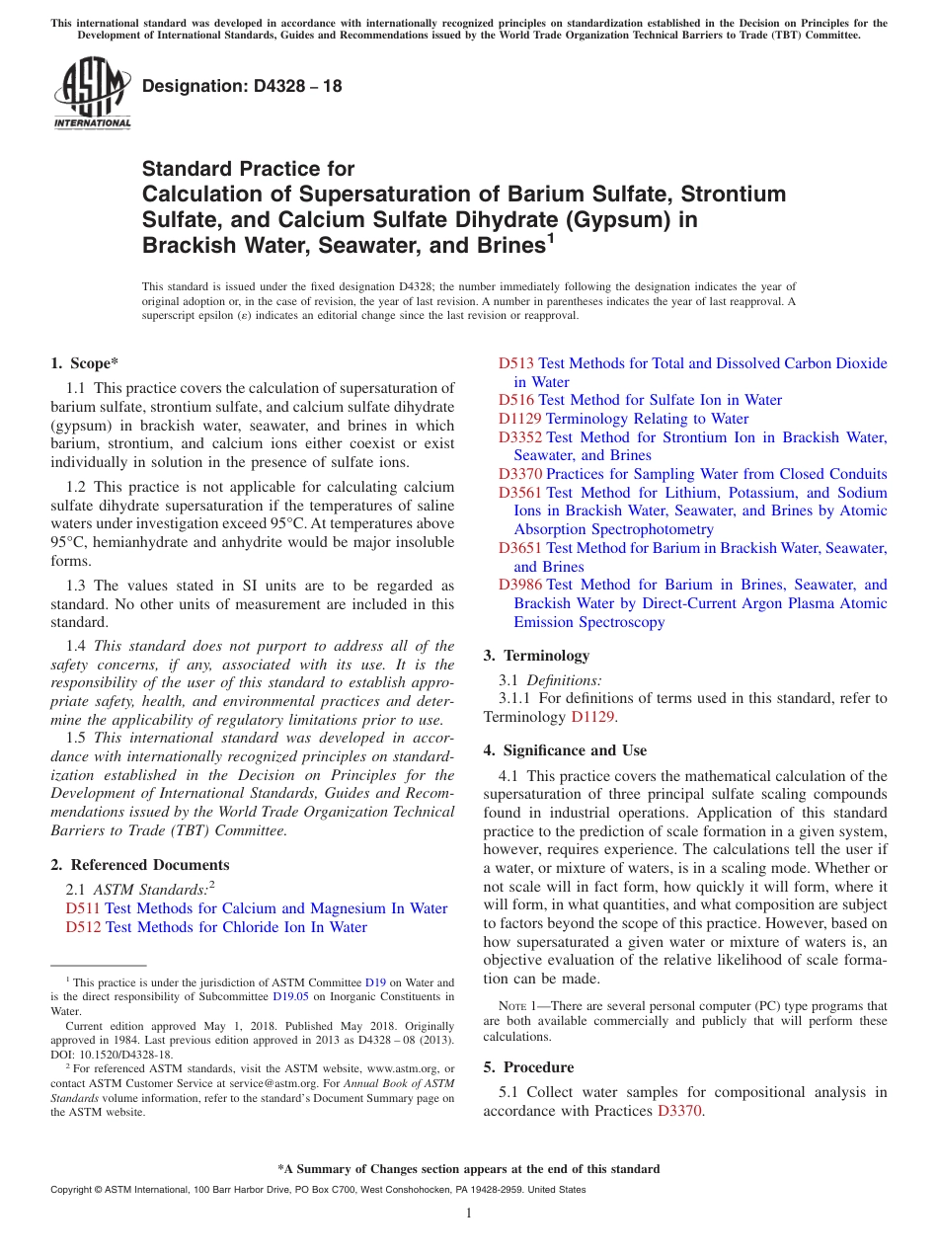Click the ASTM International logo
[x=92, y=93]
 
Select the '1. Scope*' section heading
[x=85, y=363]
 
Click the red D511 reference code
[x=83, y=908]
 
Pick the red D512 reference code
[x=83, y=927]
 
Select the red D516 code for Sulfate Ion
[x=516, y=400]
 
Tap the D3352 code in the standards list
[x=520, y=436]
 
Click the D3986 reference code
[x=520, y=585]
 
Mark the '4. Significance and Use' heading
[x=565, y=750]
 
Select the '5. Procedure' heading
[x=528, y=1067]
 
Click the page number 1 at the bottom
[x=469, y=1213]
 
